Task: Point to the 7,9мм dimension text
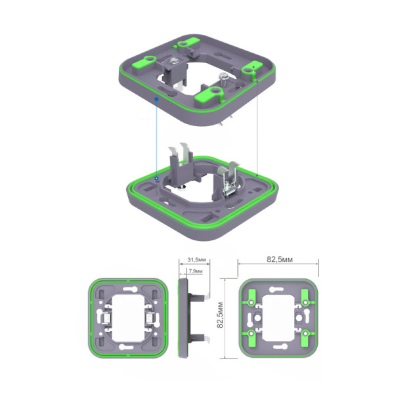[x=195, y=271]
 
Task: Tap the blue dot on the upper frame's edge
[x=156, y=99]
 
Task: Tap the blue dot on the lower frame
[x=156, y=178]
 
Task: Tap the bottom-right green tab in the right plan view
[x=305, y=339]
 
